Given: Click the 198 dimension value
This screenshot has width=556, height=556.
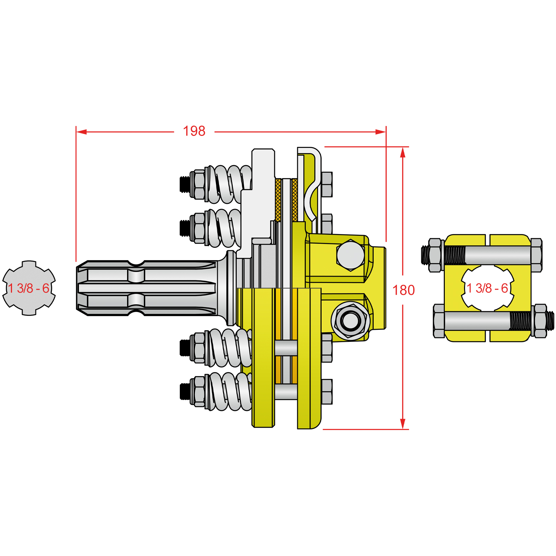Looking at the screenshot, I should point(194,131).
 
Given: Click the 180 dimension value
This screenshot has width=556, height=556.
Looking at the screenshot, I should point(403,290).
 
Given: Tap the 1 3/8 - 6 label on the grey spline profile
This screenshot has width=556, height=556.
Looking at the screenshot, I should point(29,288).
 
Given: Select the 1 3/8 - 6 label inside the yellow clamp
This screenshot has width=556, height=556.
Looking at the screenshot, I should point(487,288).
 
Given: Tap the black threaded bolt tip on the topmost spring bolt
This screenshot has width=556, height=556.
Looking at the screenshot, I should point(184,184).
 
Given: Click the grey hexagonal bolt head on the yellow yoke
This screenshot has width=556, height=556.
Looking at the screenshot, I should point(350,255).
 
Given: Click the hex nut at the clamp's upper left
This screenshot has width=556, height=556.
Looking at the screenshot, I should point(435,255).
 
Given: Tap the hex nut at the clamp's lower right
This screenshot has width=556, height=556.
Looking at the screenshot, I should point(540,321).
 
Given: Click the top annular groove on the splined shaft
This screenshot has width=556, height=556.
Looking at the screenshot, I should point(136,264).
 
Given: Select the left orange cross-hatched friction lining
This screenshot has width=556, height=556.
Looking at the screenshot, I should point(278,200).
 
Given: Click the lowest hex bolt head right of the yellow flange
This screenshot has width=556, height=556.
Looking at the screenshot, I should point(327,392).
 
